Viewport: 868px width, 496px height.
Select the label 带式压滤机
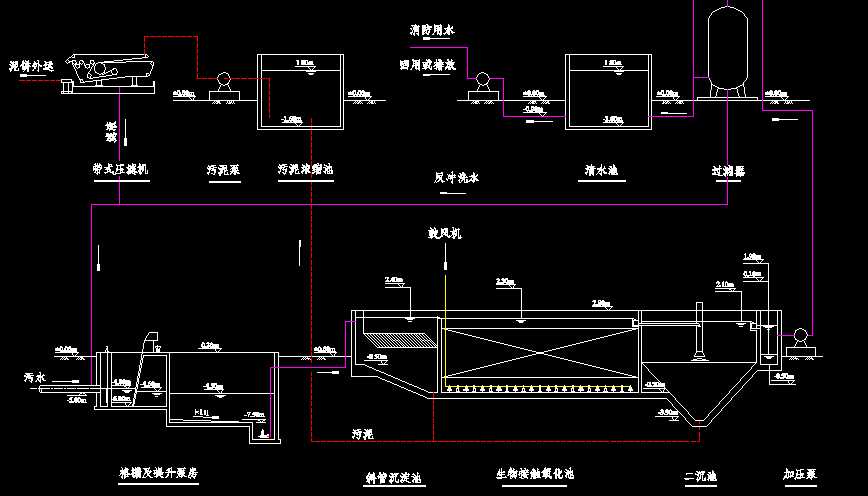click(120, 170)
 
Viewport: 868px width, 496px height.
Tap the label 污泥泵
click(223, 170)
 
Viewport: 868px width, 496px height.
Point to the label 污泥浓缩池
click(305, 170)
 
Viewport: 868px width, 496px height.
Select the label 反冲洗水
click(457, 178)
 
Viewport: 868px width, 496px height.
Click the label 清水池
click(600, 171)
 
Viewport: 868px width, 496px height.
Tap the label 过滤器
click(729, 171)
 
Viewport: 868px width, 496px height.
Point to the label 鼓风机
click(444, 234)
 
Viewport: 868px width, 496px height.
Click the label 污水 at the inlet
click(36, 378)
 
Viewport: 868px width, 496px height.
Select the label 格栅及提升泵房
click(158, 472)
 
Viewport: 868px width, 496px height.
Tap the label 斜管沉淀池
click(393, 478)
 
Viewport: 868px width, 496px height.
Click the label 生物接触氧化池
click(535, 473)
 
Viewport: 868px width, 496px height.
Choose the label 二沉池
click(699, 477)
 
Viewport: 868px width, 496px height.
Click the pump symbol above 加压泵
click(799, 339)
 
